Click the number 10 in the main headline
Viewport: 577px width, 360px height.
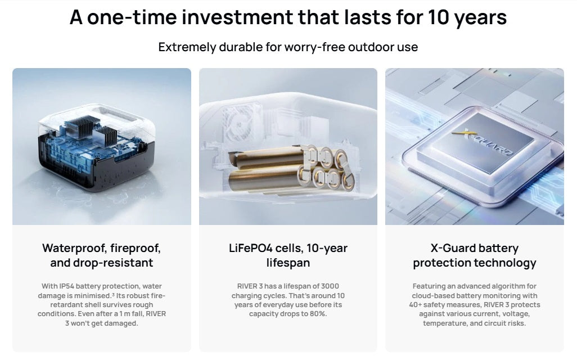tap(438, 17)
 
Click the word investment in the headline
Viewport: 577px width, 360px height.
tap(237, 17)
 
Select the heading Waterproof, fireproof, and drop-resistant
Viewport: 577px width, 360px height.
tap(102, 255)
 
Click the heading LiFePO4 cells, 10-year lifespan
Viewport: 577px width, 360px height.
tap(288, 255)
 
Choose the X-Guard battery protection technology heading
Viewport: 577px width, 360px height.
tap(474, 255)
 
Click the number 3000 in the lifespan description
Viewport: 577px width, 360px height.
tap(330, 286)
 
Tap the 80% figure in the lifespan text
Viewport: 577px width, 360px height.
tap(319, 314)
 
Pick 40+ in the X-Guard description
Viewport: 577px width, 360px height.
tap(414, 305)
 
